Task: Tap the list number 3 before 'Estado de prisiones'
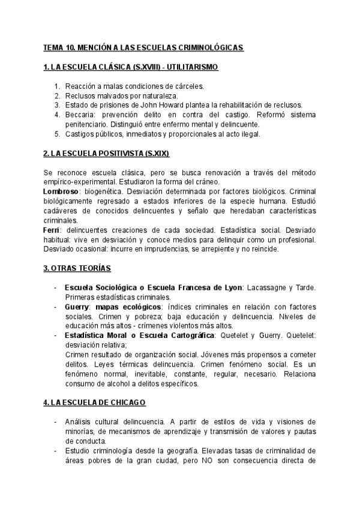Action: [x=57, y=104]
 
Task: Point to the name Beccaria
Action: [x=79, y=114]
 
